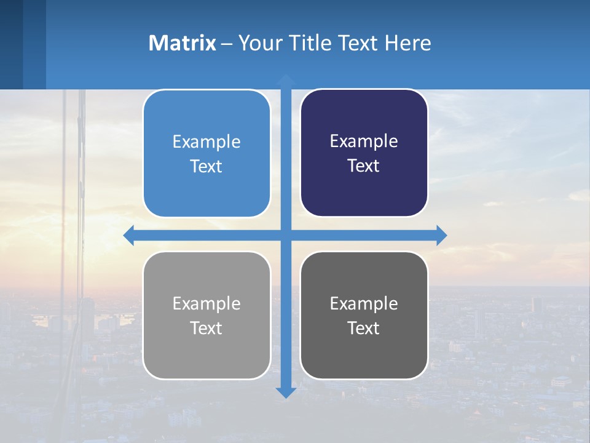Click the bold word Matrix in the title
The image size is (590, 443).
[x=183, y=43]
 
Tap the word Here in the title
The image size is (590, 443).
[x=408, y=43]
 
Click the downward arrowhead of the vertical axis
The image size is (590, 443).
[x=286, y=392]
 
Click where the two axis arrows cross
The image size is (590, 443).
[x=286, y=235]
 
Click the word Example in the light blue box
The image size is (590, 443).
[x=206, y=142]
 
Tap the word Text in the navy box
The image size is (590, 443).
[x=364, y=166]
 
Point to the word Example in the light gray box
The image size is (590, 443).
[x=206, y=304]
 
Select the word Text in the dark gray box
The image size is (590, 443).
[x=364, y=329]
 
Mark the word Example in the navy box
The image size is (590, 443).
[x=364, y=142]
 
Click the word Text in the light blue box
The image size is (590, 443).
[x=206, y=167]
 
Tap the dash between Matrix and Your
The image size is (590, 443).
[x=227, y=44]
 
